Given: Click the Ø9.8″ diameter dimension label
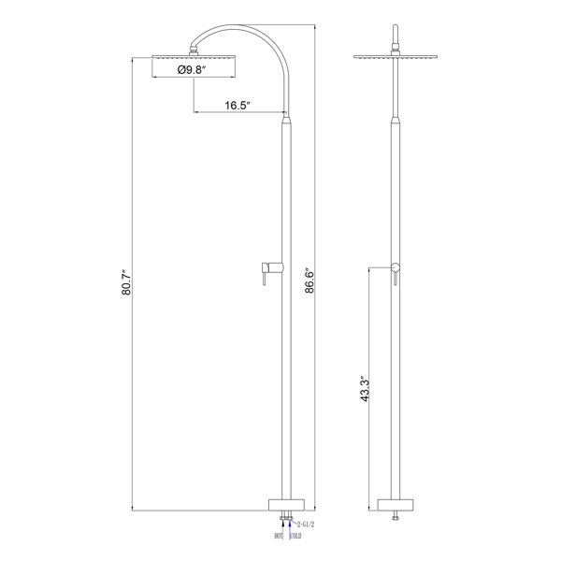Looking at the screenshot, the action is pos(192,69).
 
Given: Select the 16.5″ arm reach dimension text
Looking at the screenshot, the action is pos(237,105).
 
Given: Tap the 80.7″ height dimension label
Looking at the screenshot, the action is pos(126,282).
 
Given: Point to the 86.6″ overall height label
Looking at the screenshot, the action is pos(309,280).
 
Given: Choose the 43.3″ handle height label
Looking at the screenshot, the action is pos(365,389).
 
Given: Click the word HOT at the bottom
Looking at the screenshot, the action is pos(279,536).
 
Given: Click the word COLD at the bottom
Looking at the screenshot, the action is pos(295,536).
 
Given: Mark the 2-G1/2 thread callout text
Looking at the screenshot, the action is pos(306,525).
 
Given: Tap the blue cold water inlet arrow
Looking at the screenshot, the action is pos(290,528).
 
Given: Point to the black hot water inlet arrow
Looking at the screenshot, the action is pos(283,528).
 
